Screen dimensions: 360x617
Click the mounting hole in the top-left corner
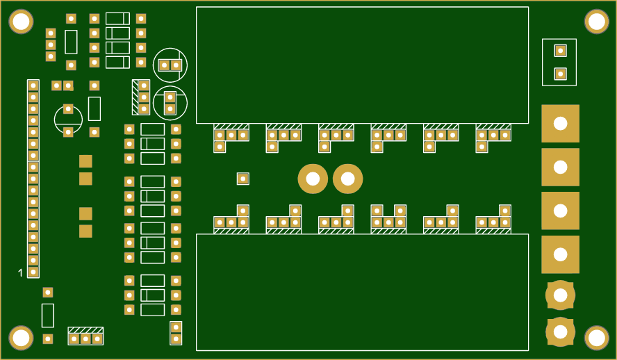[x=21, y=22]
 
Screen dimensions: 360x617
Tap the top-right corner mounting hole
[x=596, y=22]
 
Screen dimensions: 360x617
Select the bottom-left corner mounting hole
[x=21, y=338]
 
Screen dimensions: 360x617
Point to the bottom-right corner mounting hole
[x=596, y=338]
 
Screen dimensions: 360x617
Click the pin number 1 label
[x=20, y=272]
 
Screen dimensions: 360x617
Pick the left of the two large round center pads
[x=313, y=179]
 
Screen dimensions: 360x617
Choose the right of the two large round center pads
[x=347, y=179]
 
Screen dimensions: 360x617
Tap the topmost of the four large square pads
[x=560, y=124]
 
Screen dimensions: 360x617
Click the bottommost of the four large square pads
[x=560, y=255]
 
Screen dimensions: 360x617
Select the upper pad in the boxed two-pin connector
[x=560, y=50]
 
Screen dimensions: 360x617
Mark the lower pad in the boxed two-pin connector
[x=560, y=74]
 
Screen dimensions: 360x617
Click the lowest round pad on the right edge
[x=560, y=332]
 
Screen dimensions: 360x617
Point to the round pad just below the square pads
[x=560, y=295]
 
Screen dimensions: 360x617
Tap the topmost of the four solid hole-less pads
[x=85, y=161]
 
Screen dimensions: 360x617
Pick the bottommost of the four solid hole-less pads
[x=85, y=231]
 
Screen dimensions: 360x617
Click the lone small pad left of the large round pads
[x=242, y=179]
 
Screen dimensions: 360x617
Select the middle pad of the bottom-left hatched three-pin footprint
[x=85, y=339]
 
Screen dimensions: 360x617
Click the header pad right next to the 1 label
[x=33, y=272]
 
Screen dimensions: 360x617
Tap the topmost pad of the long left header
[x=33, y=85]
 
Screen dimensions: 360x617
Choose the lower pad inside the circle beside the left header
[x=68, y=132]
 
